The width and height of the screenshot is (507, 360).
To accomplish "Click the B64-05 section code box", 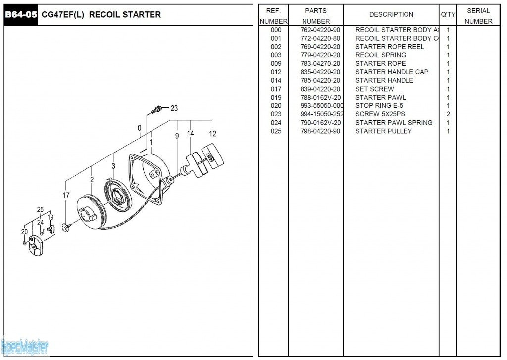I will coord(21,15).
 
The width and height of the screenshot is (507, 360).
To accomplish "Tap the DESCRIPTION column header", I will coord(391,15).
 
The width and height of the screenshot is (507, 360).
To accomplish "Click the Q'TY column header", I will coord(448,15).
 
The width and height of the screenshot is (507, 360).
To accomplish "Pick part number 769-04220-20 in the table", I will coord(320,47).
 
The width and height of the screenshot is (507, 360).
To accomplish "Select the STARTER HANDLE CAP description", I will coord(392,72).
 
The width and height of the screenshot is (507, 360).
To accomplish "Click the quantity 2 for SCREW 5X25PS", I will coord(448,114).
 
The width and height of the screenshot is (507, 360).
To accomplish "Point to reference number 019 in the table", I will coord(276,98).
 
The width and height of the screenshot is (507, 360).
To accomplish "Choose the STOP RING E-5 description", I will coord(379,106).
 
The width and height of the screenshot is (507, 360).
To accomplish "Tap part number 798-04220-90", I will coord(320,131).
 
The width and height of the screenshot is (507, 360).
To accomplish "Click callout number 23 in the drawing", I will coord(174,108).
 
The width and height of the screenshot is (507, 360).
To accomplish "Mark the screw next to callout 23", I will coord(158,109).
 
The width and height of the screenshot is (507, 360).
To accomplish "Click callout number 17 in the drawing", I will coord(66,196).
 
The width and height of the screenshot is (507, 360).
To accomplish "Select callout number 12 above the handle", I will coord(212,134).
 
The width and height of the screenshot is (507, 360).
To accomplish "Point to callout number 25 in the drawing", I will coord(40,210).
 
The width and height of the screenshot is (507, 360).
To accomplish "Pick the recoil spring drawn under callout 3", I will coord(117,194).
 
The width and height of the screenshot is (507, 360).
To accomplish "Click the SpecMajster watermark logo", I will coord(25,346).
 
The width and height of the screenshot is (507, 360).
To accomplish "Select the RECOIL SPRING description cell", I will coord(380,55).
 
